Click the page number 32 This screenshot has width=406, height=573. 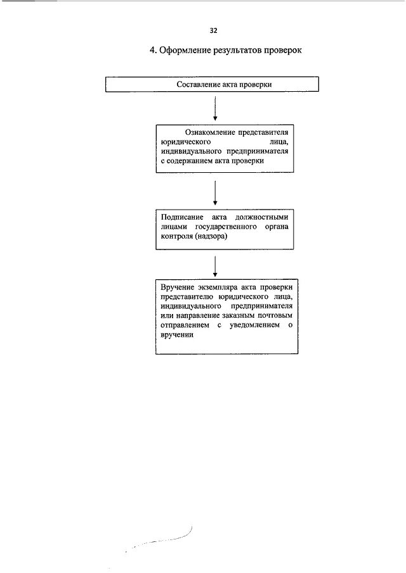(x=213, y=30)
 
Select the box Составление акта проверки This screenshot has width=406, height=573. (x=212, y=84)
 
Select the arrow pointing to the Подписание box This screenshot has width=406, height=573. (x=216, y=192)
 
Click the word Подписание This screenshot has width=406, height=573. (x=181, y=216)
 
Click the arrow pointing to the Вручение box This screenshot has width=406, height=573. (x=216, y=265)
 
